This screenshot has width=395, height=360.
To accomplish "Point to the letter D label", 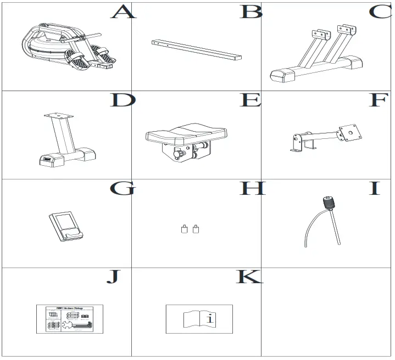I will [123, 100].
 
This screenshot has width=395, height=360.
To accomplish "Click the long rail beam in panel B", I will [197, 49].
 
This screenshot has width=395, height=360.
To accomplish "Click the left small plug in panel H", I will [184, 229].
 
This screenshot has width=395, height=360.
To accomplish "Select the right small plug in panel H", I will [195, 229].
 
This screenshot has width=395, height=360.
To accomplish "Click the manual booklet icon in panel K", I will [199, 318].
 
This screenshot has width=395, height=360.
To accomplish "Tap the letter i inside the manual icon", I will [209, 318].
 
